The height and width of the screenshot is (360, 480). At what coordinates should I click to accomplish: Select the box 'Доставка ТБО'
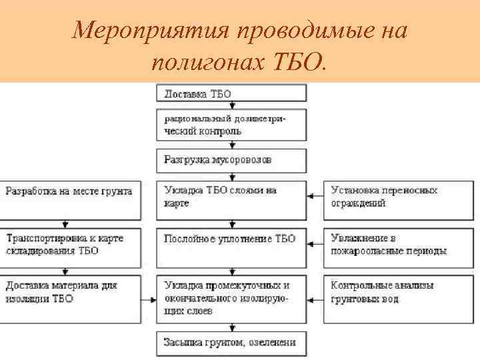point(231,93)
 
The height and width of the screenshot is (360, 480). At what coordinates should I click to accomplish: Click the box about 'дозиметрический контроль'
point(231,125)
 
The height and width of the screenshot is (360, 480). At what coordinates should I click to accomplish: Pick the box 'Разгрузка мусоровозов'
point(231,161)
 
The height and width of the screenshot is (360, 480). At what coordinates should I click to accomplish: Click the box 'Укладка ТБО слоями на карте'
point(231,199)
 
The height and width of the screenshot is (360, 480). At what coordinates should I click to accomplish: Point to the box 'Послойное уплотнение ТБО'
point(231,247)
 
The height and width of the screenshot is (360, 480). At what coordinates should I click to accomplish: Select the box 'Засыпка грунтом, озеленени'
point(231,343)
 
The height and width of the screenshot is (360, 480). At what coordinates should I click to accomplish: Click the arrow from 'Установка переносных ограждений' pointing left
point(315,196)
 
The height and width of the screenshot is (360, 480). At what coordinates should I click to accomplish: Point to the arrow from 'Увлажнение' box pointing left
point(315,245)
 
